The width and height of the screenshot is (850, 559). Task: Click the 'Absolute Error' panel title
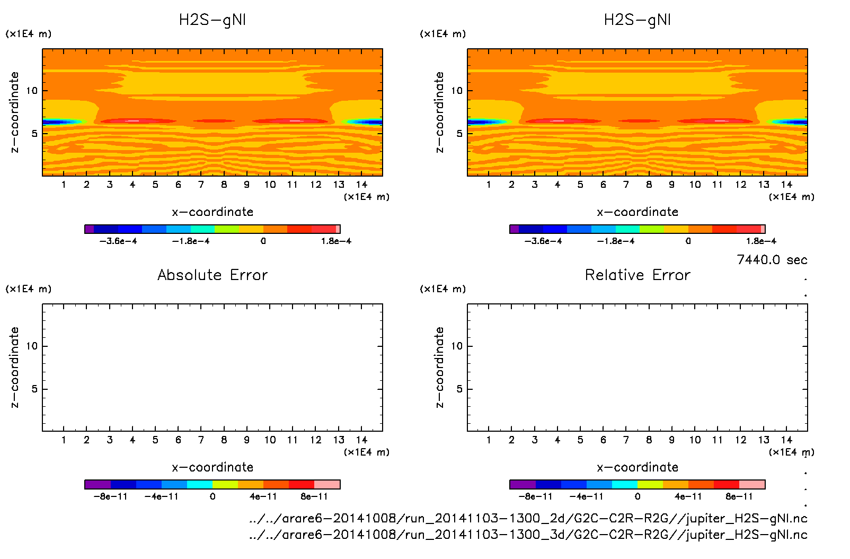212,275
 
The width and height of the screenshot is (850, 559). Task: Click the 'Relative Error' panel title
637,275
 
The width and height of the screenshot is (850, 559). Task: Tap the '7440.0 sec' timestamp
772,260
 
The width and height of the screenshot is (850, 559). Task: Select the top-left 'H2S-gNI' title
212,20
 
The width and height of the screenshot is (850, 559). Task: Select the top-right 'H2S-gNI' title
637,20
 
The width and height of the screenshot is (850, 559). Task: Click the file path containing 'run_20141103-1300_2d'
528,518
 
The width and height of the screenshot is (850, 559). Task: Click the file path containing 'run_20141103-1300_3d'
528,535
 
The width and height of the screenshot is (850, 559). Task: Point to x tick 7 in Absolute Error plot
201,440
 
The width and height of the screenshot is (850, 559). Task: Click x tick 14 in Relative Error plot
786,440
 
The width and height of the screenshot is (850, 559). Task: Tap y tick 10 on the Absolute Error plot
32,346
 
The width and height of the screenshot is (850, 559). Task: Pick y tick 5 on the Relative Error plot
459,389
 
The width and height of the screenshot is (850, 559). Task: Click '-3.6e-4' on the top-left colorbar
118,241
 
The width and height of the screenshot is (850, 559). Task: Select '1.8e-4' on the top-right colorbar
761,241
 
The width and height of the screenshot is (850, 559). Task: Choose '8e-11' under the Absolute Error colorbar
314,497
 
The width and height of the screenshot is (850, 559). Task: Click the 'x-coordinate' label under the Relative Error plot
637,467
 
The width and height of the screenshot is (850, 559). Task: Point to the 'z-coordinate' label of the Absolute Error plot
14,367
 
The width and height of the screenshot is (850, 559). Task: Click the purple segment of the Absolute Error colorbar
98,484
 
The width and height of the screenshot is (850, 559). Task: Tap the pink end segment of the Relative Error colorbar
752,484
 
